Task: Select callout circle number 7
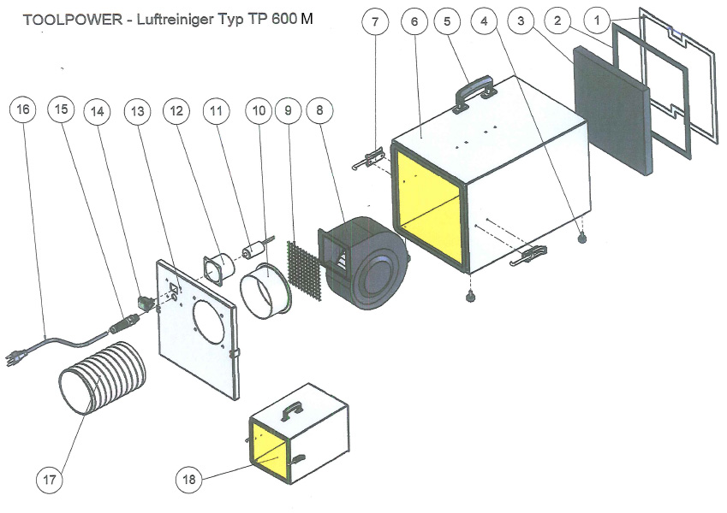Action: click(374, 23)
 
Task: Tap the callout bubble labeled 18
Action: click(190, 480)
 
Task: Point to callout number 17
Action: click(50, 480)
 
